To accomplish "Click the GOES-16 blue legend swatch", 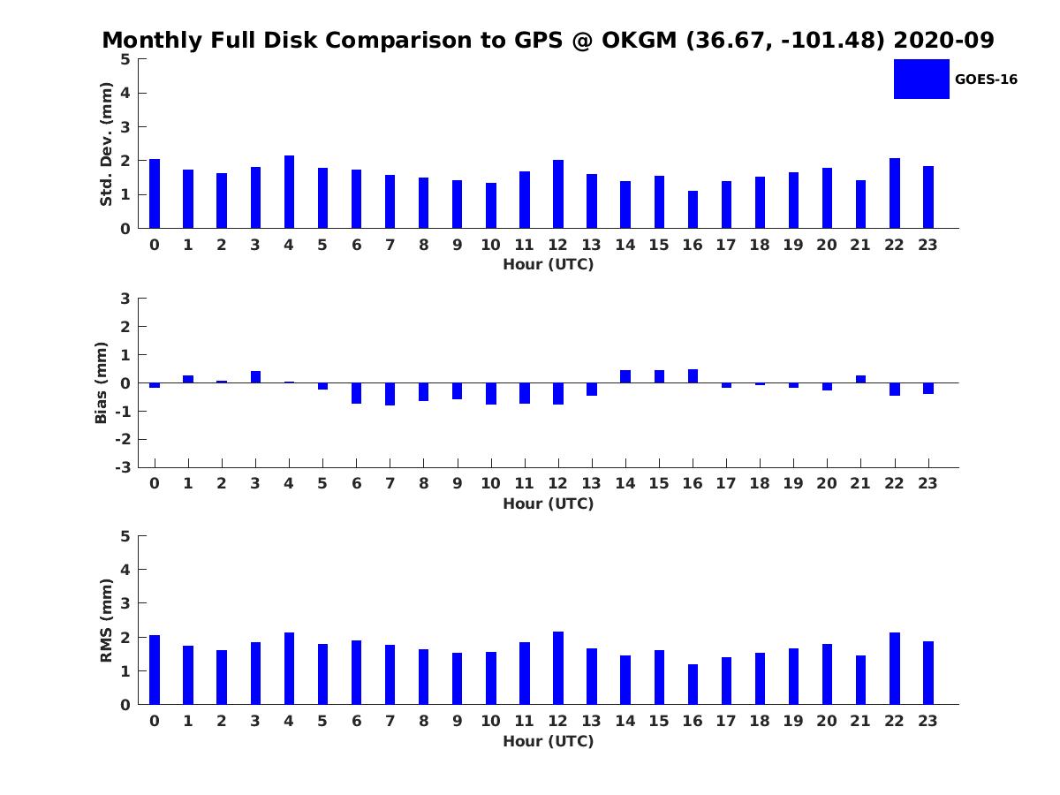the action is tap(921, 79).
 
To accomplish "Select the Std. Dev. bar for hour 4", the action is tap(289, 192).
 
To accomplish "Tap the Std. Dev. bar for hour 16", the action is tap(693, 209).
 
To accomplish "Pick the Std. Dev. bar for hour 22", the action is tap(894, 193).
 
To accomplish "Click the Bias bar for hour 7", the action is tap(390, 394).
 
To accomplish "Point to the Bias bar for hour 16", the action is tap(693, 376).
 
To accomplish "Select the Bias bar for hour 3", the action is tap(255, 377).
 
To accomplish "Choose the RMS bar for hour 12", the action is tap(558, 668).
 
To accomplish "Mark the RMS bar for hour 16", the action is tap(693, 685).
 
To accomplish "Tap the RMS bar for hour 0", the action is tap(155, 670).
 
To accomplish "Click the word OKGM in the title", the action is tap(639, 40).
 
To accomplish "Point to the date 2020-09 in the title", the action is tap(943, 40).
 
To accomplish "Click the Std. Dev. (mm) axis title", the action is tap(106, 144).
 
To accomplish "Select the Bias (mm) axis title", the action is tap(101, 382).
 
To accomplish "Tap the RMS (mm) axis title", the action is tap(106, 620).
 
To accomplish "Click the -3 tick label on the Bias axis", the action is tap(123, 467).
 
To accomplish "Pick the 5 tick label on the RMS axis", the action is tap(125, 536).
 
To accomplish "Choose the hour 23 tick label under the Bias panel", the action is tap(927, 483).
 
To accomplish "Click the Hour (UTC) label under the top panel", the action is tap(549, 264).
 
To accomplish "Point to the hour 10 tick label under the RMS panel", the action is tap(490, 721).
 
